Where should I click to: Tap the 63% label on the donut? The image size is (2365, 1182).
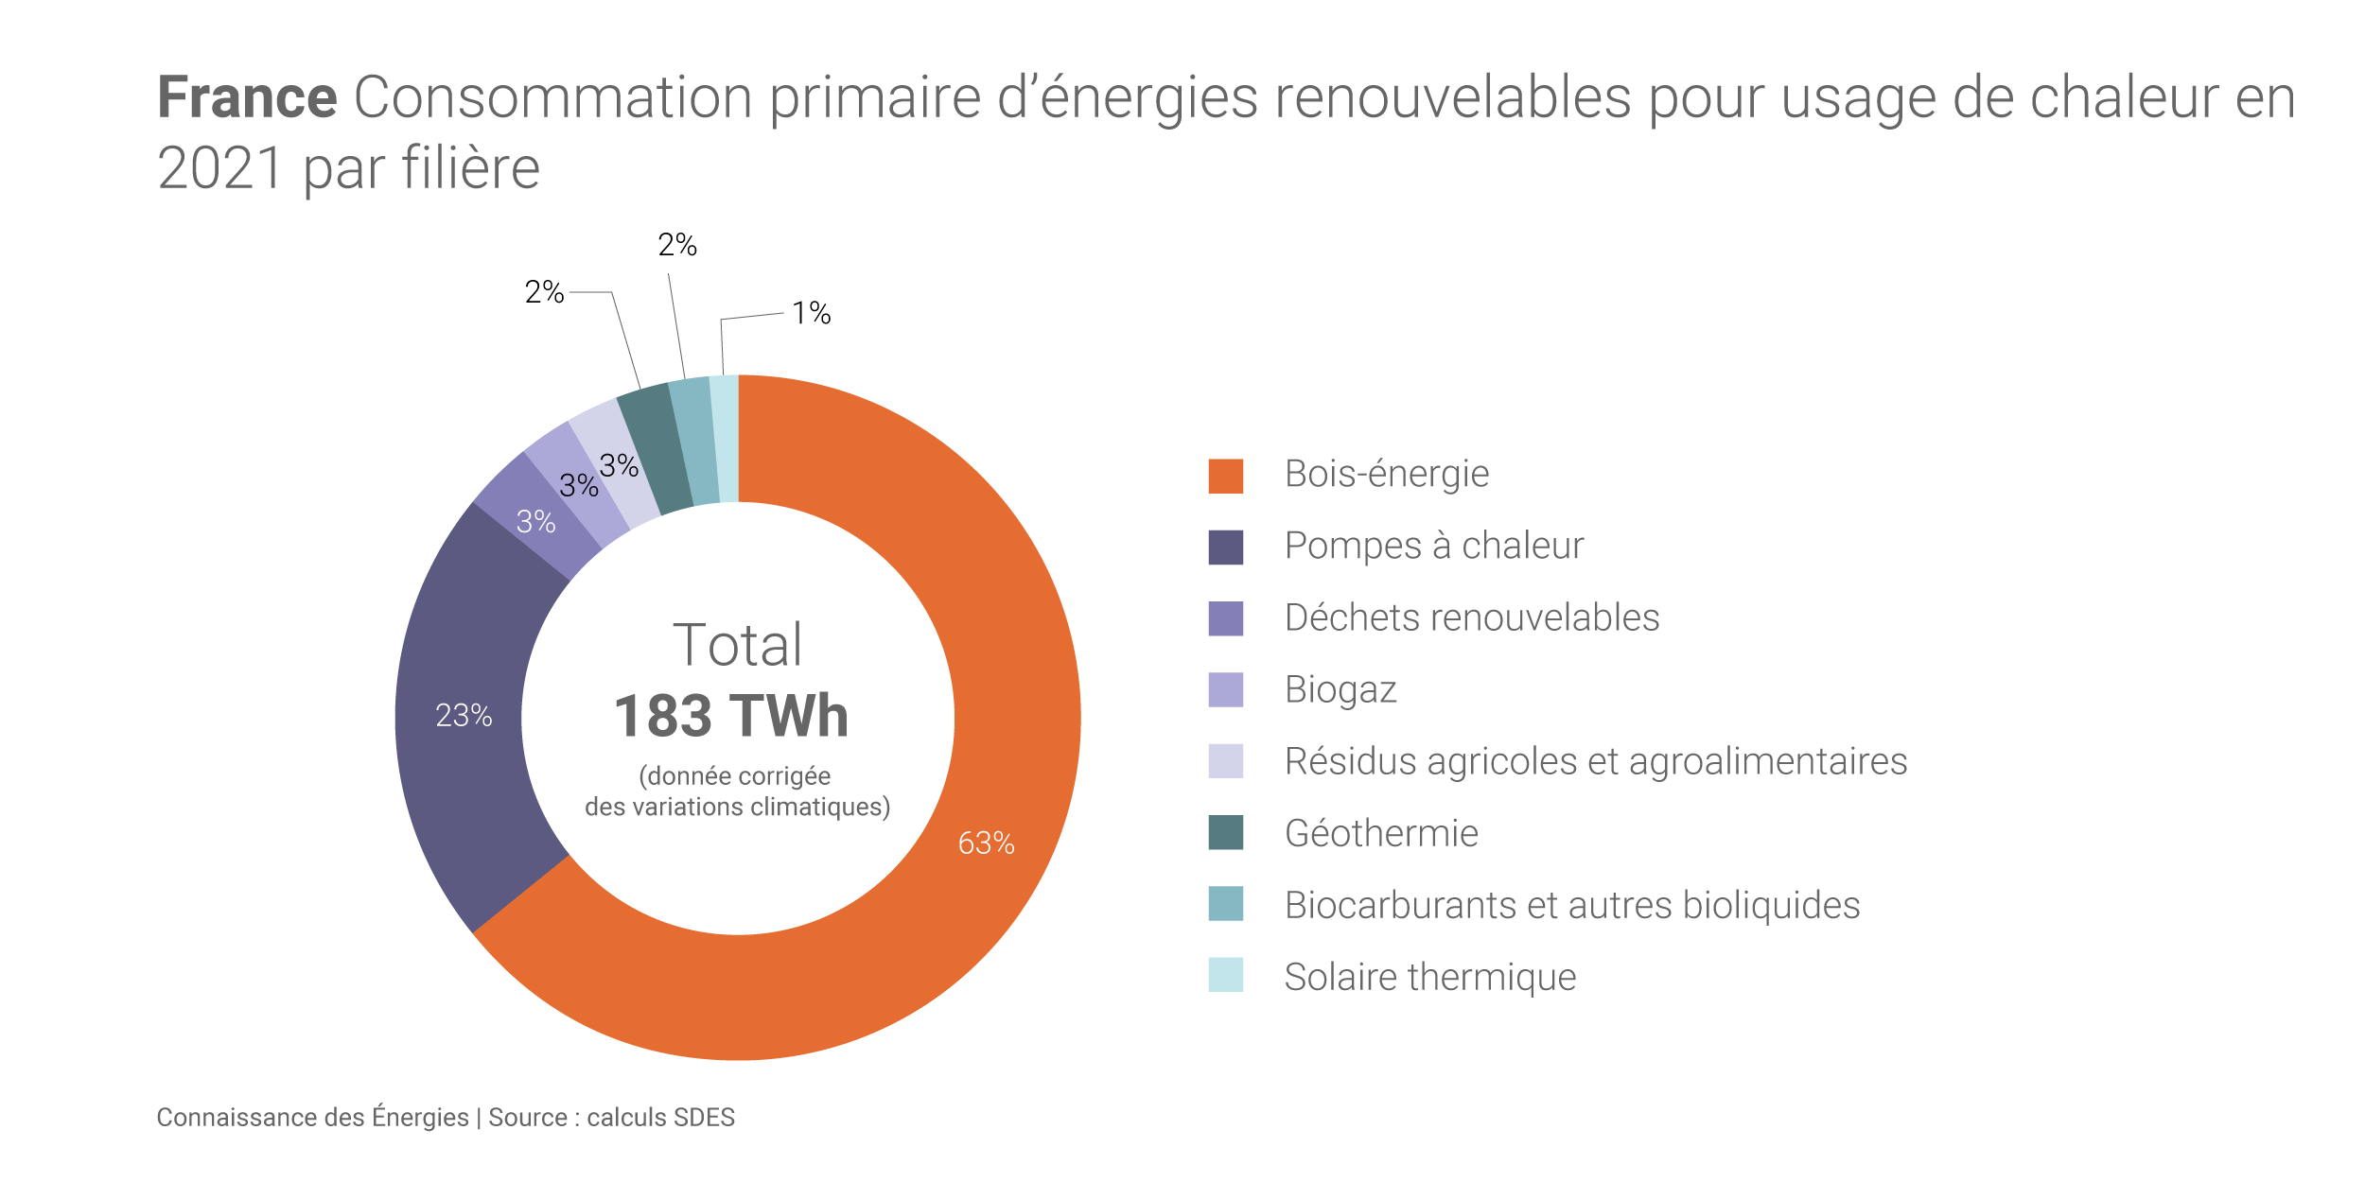tap(986, 843)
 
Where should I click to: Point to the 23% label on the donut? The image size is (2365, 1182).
tap(464, 715)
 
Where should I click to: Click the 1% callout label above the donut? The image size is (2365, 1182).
tap(811, 313)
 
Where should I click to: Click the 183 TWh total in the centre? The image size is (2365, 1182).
tap(731, 716)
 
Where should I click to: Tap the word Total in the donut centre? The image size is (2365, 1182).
tap(737, 645)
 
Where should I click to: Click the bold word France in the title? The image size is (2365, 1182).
tap(247, 96)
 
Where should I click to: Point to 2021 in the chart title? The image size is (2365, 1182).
tap(219, 168)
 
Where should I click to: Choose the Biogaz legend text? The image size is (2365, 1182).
tap(1340, 689)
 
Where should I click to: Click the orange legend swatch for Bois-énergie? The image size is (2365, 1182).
tap(1225, 476)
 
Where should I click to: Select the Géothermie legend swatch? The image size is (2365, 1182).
tap(1225, 832)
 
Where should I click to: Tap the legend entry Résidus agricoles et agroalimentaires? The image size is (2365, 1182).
tap(1595, 761)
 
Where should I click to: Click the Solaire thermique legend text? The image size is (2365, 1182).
tap(1429, 977)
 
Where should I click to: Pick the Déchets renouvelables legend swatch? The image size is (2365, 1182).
tap(1225, 618)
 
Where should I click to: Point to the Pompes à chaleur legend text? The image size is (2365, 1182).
tap(1433, 546)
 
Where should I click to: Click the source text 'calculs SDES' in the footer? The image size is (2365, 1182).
tap(660, 1118)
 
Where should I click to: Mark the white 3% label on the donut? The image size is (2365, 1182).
tap(535, 521)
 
